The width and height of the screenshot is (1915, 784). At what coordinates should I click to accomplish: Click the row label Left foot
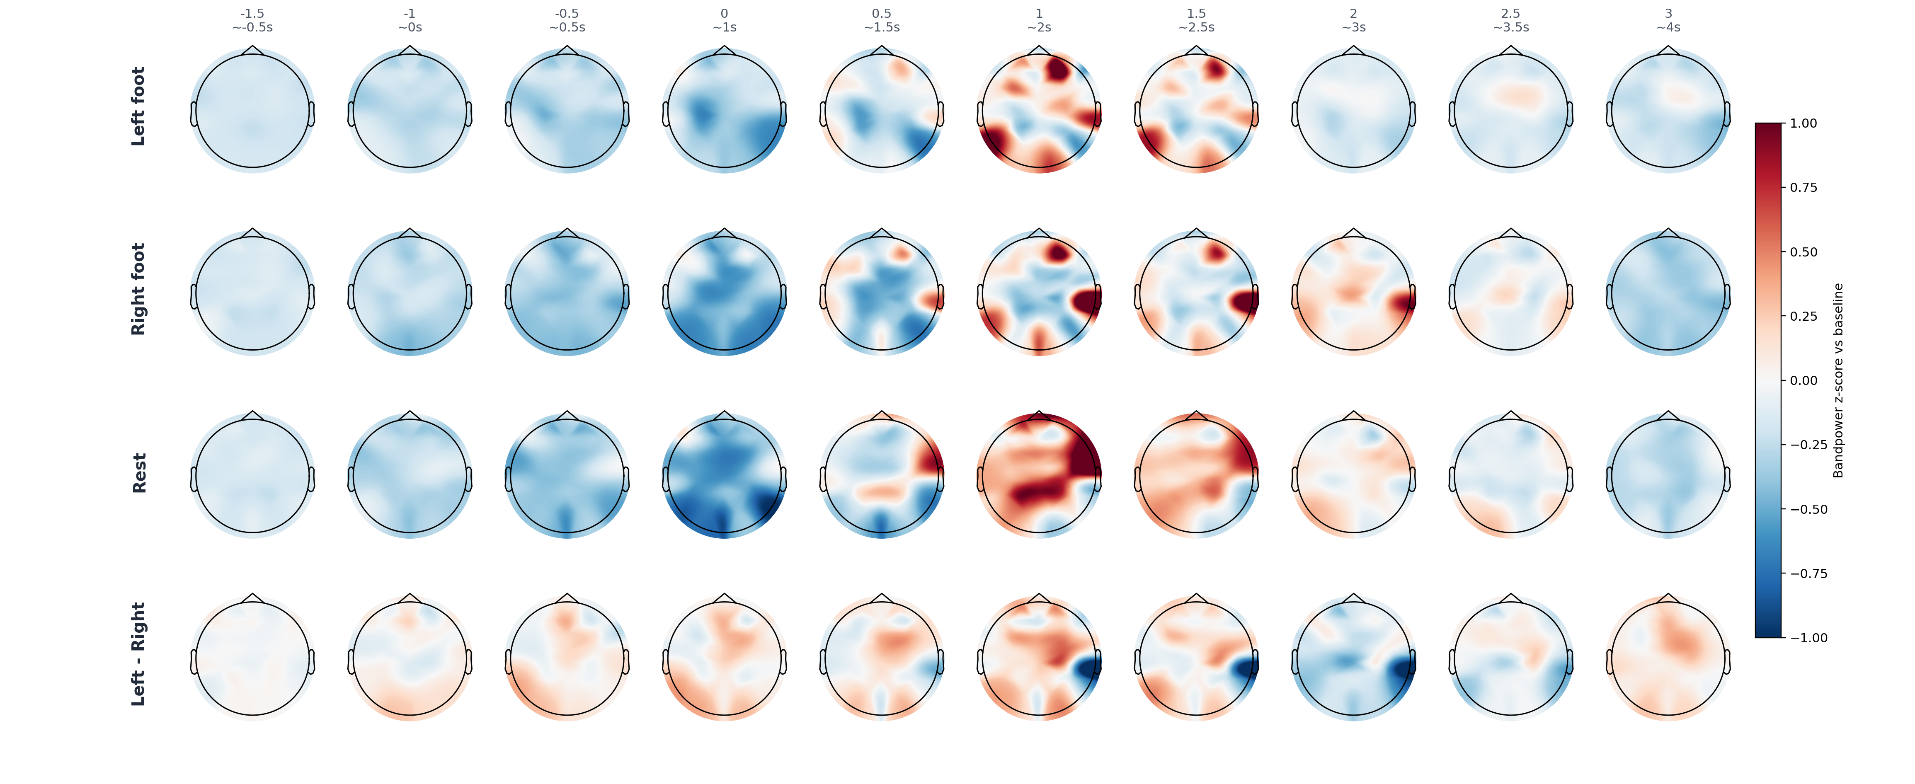138,106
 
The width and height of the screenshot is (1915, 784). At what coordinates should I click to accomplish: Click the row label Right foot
138,289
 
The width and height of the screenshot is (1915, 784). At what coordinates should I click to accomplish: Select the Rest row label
139,473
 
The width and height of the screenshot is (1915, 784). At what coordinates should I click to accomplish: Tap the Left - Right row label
138,654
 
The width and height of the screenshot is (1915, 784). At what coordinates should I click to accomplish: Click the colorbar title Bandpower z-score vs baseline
1838,380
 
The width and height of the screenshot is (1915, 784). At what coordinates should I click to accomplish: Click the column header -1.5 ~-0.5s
253,20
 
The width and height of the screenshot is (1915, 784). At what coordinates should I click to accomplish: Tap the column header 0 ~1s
725,20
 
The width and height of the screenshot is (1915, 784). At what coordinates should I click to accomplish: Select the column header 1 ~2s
1039,20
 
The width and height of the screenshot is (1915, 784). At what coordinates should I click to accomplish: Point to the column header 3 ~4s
1668,20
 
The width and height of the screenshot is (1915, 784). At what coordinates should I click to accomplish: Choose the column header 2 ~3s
1354,20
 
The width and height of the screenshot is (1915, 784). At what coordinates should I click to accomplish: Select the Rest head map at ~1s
725,476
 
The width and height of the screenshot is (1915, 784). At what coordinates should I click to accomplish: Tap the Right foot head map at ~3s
1354,293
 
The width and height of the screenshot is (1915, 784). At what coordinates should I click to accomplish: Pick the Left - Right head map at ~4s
1668,658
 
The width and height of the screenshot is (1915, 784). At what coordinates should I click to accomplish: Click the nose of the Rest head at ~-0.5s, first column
253,415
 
